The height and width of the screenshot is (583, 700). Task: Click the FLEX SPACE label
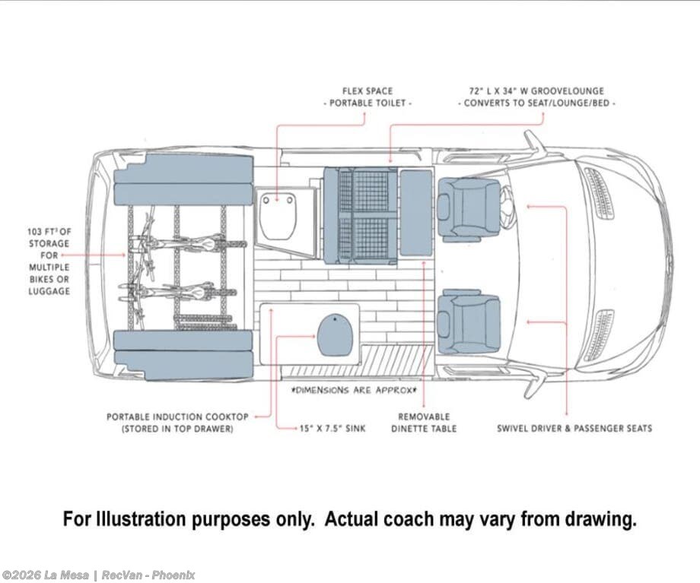click(367, 91)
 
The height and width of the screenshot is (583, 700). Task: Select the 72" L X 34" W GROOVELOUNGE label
click(539, 91)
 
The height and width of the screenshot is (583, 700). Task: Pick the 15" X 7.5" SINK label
click(332, 429)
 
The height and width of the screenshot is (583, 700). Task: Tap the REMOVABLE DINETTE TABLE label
click(424, 423)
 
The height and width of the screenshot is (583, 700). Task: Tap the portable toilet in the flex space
click(279, 214)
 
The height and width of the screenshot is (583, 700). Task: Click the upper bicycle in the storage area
click(183, 242)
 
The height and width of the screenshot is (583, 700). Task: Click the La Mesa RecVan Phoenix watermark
click(99, 575)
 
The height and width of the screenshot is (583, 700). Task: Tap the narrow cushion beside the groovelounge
click(415, 213)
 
